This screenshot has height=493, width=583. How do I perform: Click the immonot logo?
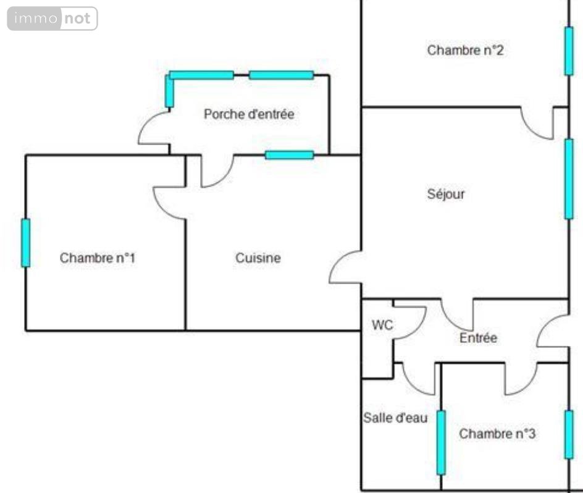(52, 19)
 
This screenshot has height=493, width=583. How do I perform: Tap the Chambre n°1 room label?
(98, 258)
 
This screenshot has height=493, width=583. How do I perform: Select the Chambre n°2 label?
(465, 50)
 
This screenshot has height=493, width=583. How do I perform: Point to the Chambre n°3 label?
(497, 434)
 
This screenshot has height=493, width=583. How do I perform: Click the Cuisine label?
(258, 258)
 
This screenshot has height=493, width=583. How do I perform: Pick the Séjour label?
(446, 194)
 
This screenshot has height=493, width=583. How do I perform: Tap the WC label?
(382, 325)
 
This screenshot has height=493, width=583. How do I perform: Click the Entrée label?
(478, 338)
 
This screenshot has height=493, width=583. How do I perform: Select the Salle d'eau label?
(395, 418)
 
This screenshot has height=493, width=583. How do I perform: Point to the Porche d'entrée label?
(249, 114)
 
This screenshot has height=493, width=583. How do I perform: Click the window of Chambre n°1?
(26, 243)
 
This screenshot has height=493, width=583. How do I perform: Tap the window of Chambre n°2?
(569, 51)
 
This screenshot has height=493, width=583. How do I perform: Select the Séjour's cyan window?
(569, 179)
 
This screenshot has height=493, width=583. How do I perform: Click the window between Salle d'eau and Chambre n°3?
(441, 442)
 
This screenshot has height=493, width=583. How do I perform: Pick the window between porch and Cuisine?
(289, 155)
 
